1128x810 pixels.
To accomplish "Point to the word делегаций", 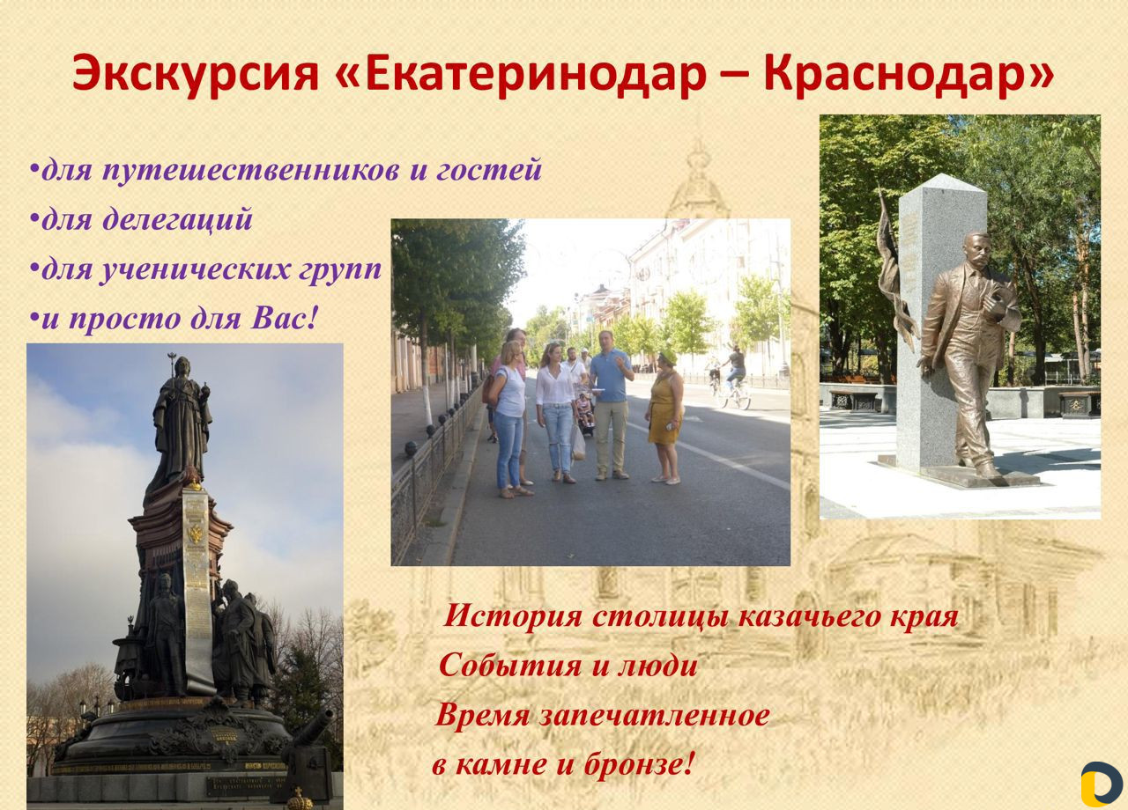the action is coord(177,219).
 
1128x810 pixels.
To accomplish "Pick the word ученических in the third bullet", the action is coord(195,269).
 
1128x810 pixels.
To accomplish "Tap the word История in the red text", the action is coord(513,616).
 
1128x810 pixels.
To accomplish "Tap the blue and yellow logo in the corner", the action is coord(1102,784).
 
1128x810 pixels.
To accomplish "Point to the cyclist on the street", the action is coord(735,369).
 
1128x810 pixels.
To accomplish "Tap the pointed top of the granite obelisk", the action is coord(942,174).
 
